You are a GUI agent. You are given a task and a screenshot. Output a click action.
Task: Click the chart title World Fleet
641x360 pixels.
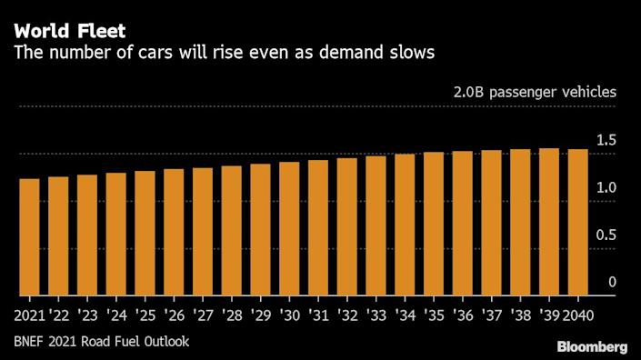pyautogui.click(x=69, y=30)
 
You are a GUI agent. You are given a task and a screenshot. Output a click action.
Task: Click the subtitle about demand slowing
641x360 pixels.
pyautogui.click(x=224, y=54)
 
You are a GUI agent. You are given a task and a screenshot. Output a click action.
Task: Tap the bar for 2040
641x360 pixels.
pyautogui.click(x=577, y=222)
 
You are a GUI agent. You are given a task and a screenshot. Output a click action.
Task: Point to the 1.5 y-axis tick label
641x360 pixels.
pyautogui.click(x=606, y=140)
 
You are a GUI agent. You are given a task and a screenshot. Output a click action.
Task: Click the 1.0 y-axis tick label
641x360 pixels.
pyautogui.click(x=606, y=187)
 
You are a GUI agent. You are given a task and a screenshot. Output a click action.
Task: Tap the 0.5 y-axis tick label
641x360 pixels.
pyautogui.click(x=606, y=235)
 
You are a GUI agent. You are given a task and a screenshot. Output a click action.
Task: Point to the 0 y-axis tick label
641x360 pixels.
pyautogui.click(x=612, y=282)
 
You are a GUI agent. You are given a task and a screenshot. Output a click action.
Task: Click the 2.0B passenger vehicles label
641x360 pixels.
pyautogui.click(x=535, y=93)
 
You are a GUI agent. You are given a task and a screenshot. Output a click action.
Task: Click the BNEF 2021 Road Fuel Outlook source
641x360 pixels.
pyautogui.click(x=102, y=342)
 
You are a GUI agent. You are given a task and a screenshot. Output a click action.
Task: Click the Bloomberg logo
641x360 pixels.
pyautogui.click(x=591, y=346)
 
